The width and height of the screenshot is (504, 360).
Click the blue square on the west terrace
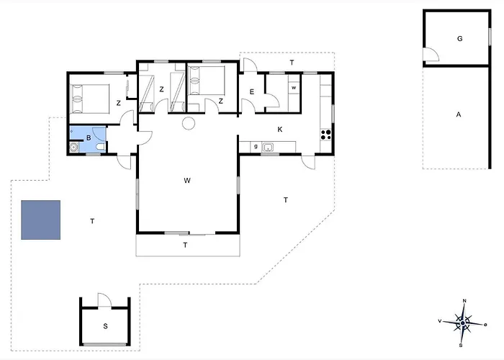coord(40,220)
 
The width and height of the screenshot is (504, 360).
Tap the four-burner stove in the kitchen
coord(326,135)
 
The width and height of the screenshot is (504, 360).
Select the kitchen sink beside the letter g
coord(268,148)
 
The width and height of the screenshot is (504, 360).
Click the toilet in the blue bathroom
coord(100,147)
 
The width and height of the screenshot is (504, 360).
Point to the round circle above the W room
coord(189,123)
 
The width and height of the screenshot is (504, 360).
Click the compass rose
coord(462,323)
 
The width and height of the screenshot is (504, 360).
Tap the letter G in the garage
coord(459,39)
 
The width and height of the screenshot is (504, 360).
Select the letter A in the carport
coord(459,114)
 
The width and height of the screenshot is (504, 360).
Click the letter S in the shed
coord(105,327)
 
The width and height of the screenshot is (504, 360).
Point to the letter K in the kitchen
coord(280,130)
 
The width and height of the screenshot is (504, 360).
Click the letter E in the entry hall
coord(252,92)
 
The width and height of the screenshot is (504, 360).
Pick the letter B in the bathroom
coord(89,138)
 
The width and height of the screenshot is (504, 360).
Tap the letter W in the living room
coord(187,180)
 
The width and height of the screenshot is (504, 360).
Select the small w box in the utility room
coord(294,87)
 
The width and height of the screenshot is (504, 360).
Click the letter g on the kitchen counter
coord(256,147)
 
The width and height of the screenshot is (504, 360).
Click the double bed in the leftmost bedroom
coord(90,99)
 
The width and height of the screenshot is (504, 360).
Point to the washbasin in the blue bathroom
coord(74,148)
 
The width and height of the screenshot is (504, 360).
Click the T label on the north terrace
coord(292,63)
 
